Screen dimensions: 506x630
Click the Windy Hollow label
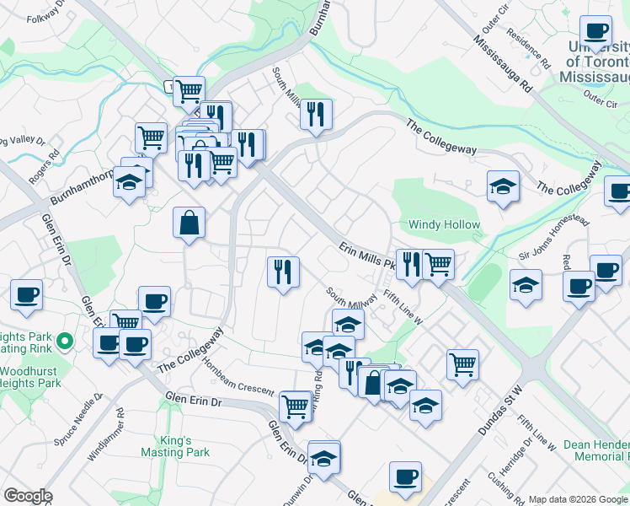point(444,225)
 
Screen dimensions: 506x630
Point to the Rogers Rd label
point(43,165)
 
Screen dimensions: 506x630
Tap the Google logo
point(28,496)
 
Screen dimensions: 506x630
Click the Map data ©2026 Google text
point(578,499)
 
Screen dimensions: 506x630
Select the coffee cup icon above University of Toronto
point(596,31)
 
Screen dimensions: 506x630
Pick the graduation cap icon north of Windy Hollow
point(503,186)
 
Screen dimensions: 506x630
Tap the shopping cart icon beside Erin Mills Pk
point(438,264)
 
